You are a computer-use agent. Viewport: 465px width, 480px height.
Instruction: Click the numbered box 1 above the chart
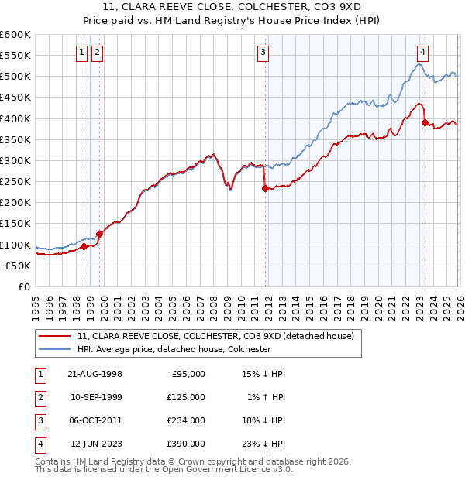pyautogui.click(x=82, y=53)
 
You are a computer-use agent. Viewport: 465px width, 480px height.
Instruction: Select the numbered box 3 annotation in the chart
pyautogui.click(x=263, y=53)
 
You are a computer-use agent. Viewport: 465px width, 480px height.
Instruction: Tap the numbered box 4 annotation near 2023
pyautogui.click(x=422, y=53)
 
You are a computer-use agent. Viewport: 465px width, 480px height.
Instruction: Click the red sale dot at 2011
pyautogui.click(x=265, y=188)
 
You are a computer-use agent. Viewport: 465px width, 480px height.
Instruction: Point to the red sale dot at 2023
pyautogui.click(x=425, y=122)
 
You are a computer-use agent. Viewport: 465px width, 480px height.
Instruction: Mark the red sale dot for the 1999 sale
pyautogui.click(x=99, y=234)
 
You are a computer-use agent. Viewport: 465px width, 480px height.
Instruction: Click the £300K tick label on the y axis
pyautogui.click(x=15, y=160)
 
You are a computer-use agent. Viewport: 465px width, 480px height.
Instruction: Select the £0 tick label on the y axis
pyautogui.click(x=24, y=286)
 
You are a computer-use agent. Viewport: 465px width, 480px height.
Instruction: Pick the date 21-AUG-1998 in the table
pyautogui.click(x=95, y=374)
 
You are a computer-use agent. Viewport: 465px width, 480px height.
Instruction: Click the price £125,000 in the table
pyautogui.click(x=186, y=397)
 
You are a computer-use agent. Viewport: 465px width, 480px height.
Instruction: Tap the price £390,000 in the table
pyautogui.click(x=186, y=444)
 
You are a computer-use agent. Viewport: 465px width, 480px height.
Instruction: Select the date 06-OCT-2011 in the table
pyautogui.click(x=95, y=420)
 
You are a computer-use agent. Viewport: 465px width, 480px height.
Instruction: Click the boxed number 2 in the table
pyautogui.click(x=39, y=397)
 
